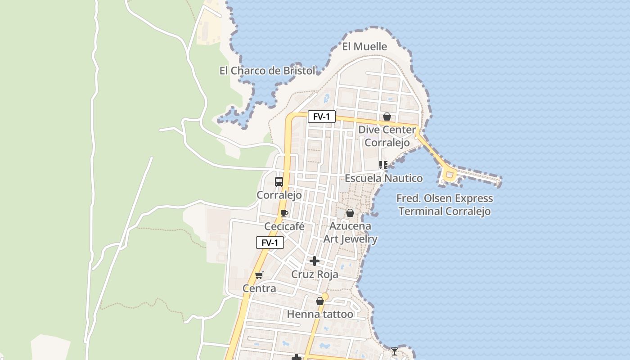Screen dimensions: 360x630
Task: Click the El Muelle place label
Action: [364, 46]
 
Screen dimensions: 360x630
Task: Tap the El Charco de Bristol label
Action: [267, 71]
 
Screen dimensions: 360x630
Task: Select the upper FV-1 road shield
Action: [322, 117]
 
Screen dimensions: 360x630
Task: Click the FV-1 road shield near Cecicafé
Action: [270, 243]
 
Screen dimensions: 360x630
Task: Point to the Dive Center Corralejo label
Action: [387, 136]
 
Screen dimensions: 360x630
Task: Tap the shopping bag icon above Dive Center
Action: [387, 117]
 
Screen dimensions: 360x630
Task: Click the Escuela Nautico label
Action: [384, 178]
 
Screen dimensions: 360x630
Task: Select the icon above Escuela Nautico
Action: [383, 165]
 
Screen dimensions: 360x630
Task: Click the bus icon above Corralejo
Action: [279, 182]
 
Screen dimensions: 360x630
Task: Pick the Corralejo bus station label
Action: [279, 195]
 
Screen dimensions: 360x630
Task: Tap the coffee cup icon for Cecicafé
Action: [284, 213]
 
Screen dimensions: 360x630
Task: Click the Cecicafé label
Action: [284, 226]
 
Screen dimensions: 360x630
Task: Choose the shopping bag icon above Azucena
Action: [350, 213]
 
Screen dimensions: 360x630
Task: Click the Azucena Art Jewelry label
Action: [351, 232]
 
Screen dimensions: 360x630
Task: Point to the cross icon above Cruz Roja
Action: [315, 261]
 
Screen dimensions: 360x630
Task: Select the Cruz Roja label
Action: [315, 274]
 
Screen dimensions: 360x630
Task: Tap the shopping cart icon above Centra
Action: [259, 275]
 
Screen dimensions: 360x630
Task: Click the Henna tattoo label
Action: [320, 314]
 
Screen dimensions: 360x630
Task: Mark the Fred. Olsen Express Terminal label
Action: [445, 205]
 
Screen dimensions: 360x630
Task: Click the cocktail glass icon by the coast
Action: [395, 351]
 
